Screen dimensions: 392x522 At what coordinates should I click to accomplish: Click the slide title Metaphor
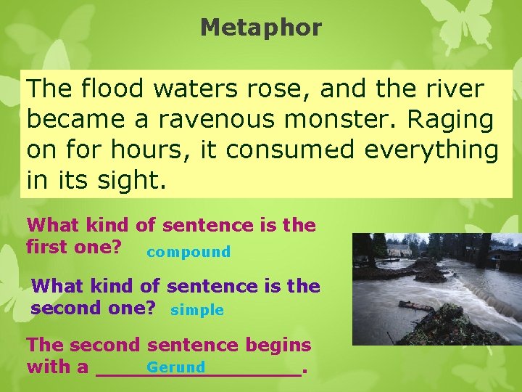point(261,28)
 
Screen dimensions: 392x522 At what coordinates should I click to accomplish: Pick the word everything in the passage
point(431,150)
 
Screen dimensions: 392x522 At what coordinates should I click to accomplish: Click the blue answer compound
point(188,252)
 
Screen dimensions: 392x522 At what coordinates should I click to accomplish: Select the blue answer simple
point(197,310)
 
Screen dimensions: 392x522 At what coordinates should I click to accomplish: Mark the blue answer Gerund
point(176,367)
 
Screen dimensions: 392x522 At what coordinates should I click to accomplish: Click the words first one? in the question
point(73,246)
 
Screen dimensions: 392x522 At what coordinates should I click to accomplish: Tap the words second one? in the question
point(94,307)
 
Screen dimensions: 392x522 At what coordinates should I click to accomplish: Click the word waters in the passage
point(197,89)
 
